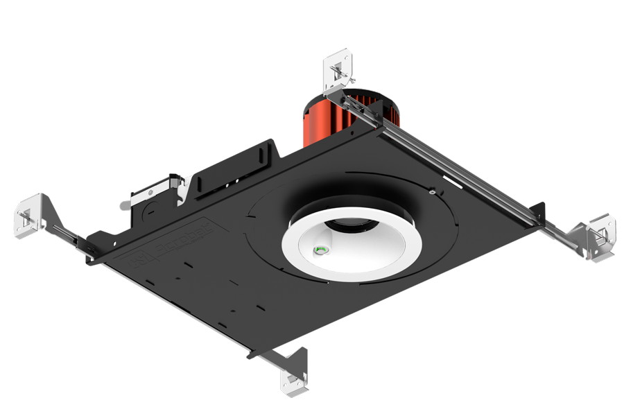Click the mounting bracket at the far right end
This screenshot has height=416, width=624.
(597, 236)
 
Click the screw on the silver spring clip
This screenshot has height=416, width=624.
(150, 188)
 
